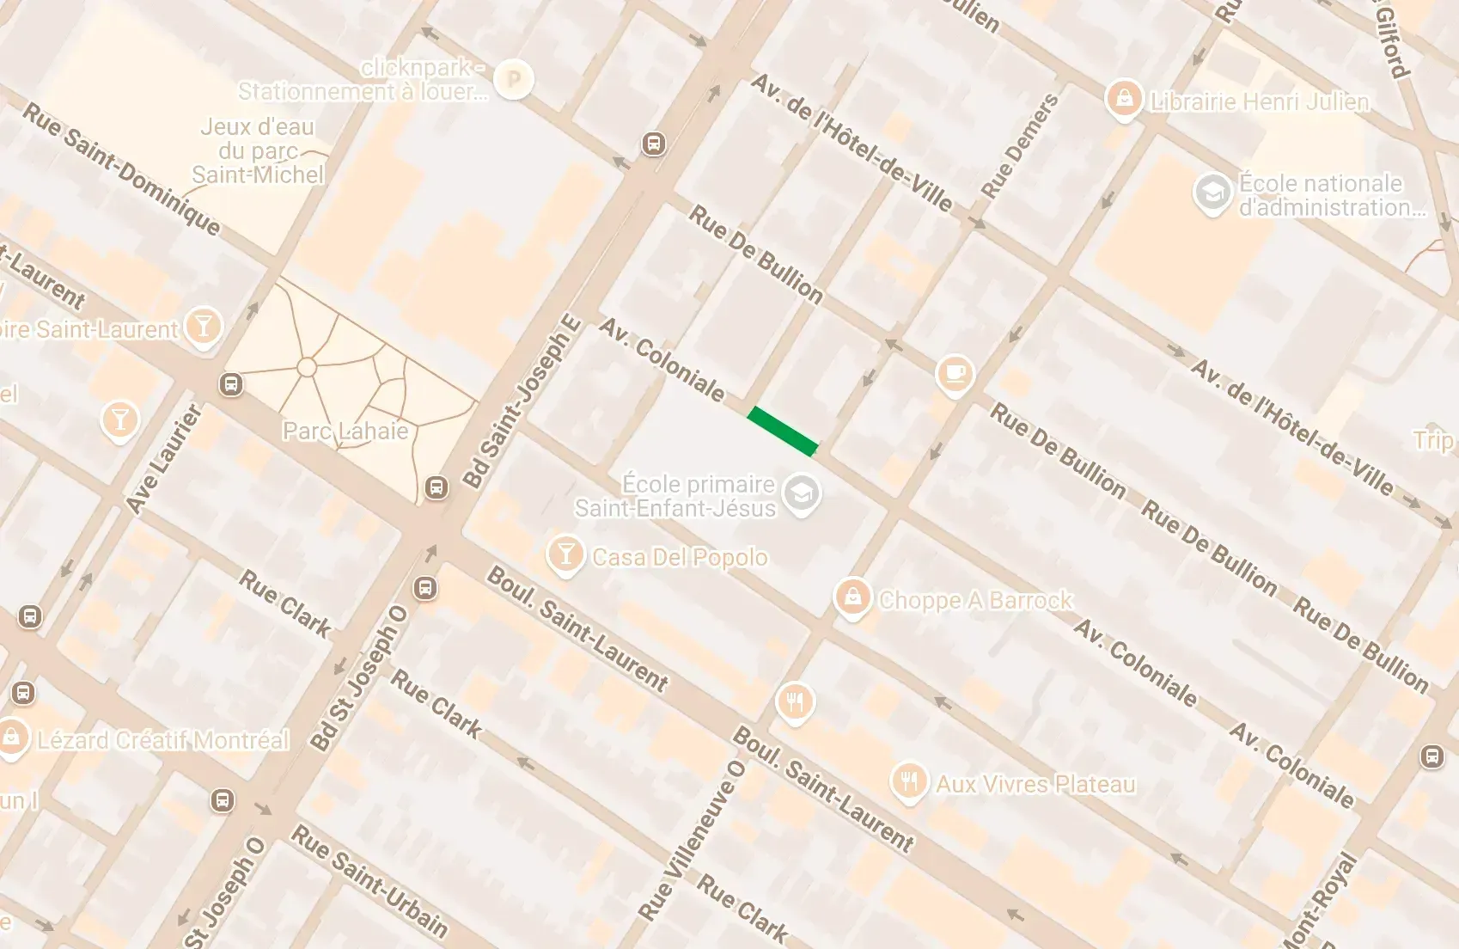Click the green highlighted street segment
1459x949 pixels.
[x=782, y=432]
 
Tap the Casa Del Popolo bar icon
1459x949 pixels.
[x=565, y=554]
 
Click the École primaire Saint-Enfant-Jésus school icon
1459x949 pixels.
[x=803, y=495]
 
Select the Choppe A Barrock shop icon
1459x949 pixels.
[x=852, y=596]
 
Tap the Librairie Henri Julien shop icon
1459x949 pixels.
[x=1124, y=100]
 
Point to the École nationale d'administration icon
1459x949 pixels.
[x=1213, y=194]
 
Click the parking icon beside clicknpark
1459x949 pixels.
[x=514, y=80]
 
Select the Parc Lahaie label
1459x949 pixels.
[x=345, y=431]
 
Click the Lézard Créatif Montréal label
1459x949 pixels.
[x=163, y=740]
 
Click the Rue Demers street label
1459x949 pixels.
[x=1020, y=146]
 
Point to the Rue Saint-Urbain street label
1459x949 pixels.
[x=369, y=880]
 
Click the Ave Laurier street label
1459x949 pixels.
[x=163, y=460]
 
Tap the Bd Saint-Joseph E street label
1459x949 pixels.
[x=522, y=402]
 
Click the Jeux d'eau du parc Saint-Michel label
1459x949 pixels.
[x=258, y=150]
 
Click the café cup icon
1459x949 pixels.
[x=955, y=374]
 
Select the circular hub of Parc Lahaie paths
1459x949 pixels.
[x=307, y=368]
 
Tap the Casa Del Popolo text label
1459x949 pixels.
[x=680, y=557]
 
